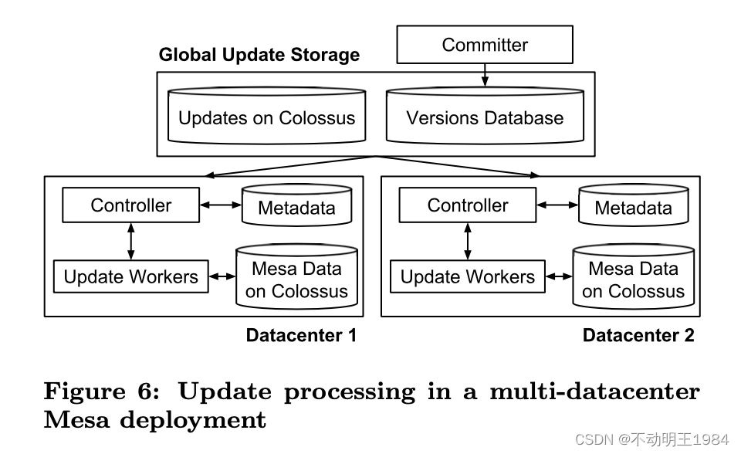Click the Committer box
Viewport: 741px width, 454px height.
pyautogui.click(x=485, y=45)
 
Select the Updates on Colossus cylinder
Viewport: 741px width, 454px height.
pyautogui.click(x=266, y=118)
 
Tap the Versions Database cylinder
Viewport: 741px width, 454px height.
pyautogui.click(x=485, y=118)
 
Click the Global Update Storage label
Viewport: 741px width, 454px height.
pyautogui.click(x=259, y=55)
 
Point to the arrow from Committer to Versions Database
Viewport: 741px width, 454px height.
pyautogui.click(x=485, y=74)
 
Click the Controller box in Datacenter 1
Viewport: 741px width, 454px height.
pyautogui.click(x=130, y=205)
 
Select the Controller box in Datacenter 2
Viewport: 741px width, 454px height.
pyautogui.click(x=467, y=205)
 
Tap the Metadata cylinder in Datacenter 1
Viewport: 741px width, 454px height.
pyautogui.click(x=296, y=208)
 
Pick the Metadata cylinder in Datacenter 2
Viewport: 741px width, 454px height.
pyautogui.click(x=633, y=208)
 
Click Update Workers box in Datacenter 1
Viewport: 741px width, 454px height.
pyautogui.click(x=130, y=277)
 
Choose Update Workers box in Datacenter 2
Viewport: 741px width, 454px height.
pyautogui.click(x=467, y=277)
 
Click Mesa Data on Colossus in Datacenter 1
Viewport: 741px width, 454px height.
pyautogui.click(x=296, y=280)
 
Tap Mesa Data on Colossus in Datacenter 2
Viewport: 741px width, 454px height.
pyautogui.click(x=633, y=280)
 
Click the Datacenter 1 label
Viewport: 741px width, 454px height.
pyautogui.click(x=301, y=335)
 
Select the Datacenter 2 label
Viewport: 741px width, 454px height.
pyautogui.click(x=638, y=335)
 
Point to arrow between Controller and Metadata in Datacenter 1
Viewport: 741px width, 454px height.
pyautogui.click(x=220, y=205)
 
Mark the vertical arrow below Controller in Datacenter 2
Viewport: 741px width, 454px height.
pyautogui.click(x=467, y=241)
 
